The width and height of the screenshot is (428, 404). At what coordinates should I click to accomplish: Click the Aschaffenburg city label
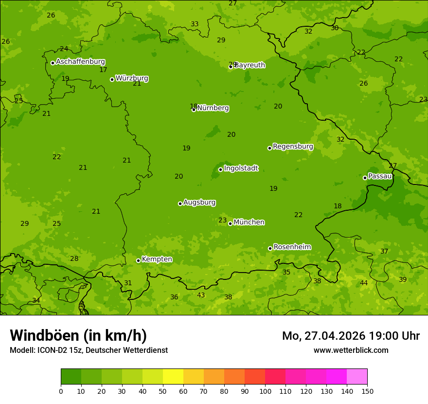click(x=80, y=62)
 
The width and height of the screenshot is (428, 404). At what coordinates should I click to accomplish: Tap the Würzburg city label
click(x=132, y=78)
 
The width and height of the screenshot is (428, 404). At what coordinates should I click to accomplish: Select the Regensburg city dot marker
click(x=269, y=148)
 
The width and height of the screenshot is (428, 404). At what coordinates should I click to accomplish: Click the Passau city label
click(x=380, y=176)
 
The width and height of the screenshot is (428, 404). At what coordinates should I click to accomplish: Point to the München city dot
click(x=230, y=223)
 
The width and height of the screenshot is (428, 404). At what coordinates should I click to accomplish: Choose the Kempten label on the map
click(x=157, y=259)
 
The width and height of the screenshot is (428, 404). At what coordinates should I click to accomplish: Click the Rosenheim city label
click(x=292, y=247)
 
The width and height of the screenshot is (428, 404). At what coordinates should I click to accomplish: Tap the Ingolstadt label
click(x=241, y=168)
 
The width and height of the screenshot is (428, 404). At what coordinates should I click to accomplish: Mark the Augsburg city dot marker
click(x=180, y=203)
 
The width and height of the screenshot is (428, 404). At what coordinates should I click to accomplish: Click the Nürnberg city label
click(x=213, y=108)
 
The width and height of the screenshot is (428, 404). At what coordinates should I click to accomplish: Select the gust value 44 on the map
click(x=364, y=283)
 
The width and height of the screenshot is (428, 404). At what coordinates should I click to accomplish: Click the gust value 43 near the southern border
click(x=201, y=295)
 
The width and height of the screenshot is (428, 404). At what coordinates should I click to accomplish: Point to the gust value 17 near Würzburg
click(x=103, y=70)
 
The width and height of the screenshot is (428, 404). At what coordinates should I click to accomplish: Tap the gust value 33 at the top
click(x=195, y=24)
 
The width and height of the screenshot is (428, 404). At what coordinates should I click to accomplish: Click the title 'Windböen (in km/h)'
click(x=78, y=335)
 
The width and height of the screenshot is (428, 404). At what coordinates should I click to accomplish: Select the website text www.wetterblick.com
click(x=351, y=350)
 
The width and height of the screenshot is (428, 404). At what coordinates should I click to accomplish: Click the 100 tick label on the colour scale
click(x=265, y=390)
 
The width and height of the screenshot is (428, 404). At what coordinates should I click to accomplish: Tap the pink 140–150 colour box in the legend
click(x=357, y=377)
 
